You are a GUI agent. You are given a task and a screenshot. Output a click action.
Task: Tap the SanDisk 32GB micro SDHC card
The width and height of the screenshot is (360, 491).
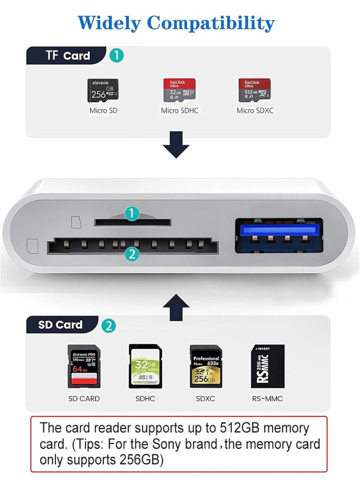pos(179,89)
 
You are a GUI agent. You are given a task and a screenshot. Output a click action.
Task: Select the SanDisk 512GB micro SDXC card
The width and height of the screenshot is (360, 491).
pos(254,89)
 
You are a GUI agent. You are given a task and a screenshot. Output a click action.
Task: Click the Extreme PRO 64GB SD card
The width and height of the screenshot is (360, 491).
pos(84,366)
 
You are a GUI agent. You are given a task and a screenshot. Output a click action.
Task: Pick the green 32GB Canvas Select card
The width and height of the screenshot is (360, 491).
pos(145,366)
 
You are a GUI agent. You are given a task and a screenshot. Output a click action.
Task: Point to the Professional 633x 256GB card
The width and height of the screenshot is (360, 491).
pos(206,366)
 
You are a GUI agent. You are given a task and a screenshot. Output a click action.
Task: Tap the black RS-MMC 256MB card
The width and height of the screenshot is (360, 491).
pos(267,366)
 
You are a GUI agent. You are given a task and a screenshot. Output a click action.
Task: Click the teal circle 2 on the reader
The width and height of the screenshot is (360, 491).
pos(131,254)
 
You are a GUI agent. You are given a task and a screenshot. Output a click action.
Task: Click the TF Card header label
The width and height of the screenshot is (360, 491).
pos(67,56)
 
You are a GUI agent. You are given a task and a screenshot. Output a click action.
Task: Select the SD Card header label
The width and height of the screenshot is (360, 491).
pos(61,324)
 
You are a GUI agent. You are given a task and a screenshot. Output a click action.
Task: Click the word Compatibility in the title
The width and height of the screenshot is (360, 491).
pos(211,23)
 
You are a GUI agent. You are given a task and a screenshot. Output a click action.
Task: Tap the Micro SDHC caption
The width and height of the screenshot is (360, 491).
pos(180,110)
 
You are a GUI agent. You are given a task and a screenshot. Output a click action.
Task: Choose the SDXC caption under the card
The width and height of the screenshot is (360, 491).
pos(206,398)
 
